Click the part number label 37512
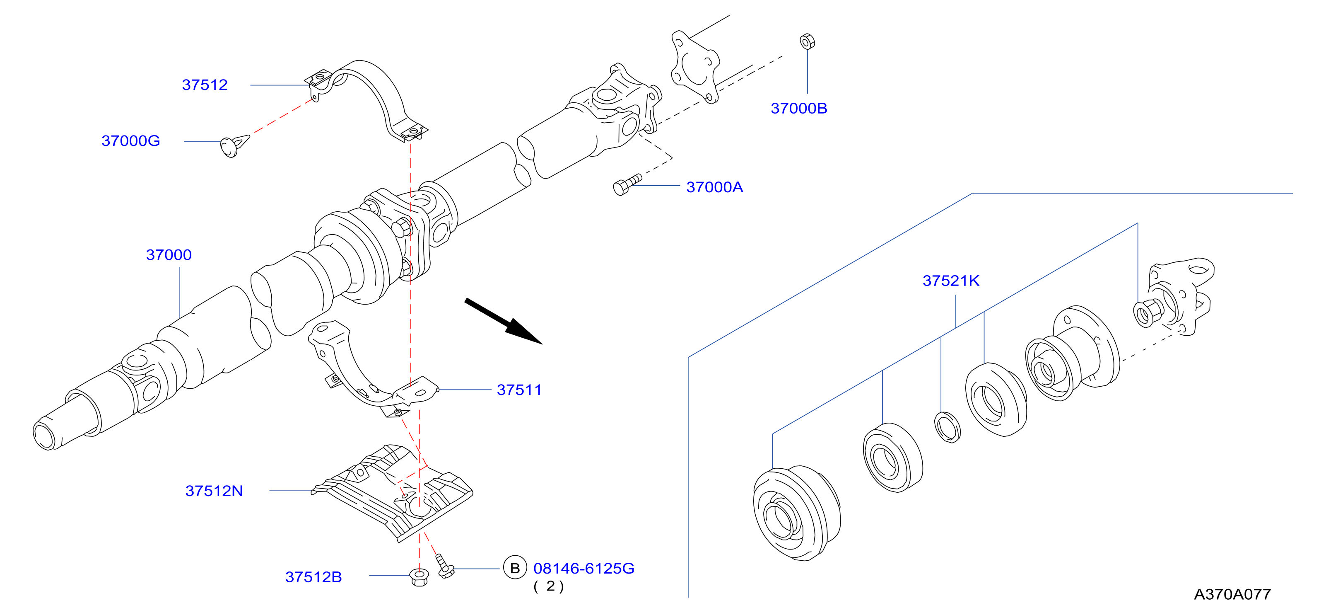(205, 85)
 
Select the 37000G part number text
(131, 140)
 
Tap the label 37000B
(799, 108)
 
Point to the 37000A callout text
(714, 187)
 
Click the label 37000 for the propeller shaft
(169, 254)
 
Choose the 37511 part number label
(519, 390)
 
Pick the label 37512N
(214, 491)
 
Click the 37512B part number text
(313, 577)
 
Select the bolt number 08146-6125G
(584, 568)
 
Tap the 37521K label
(951, 281)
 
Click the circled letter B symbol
(515, 568)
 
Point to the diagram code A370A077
(1232, 594)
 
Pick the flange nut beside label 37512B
(419, 577)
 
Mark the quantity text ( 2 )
(549, 586)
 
